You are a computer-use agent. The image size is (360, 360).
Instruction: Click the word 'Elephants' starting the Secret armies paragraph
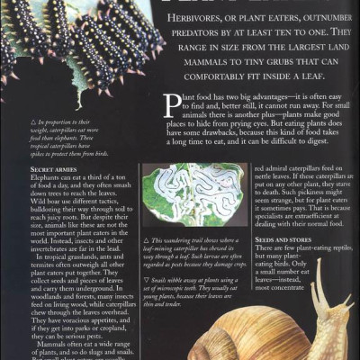tap(45, 177)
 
